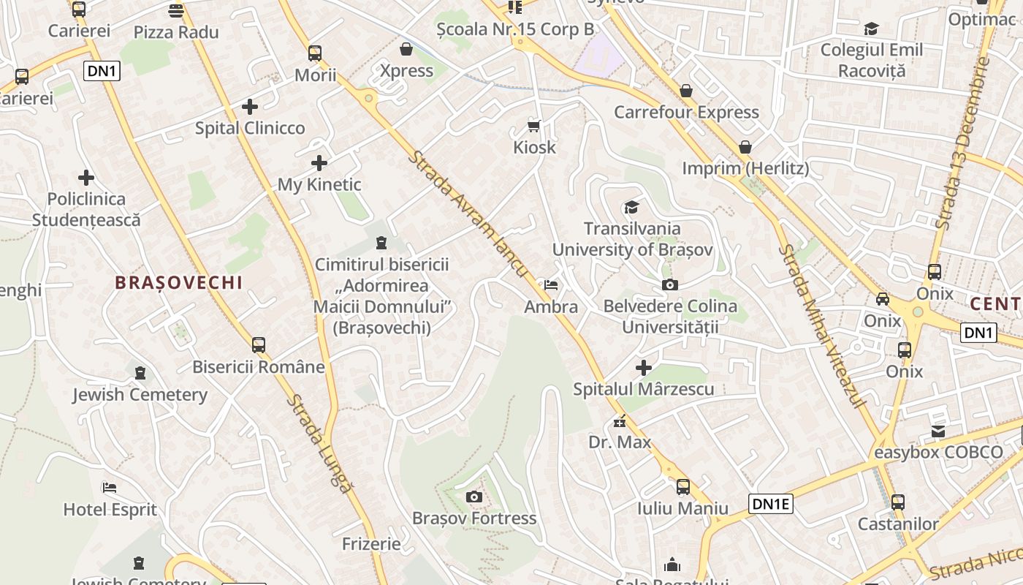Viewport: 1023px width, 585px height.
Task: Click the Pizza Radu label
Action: click(176, 32)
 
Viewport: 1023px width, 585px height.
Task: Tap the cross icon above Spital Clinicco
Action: click(250, 107)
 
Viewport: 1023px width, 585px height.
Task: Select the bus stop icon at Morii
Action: click(315, 53)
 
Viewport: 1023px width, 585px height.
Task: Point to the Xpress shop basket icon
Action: click(406, 49)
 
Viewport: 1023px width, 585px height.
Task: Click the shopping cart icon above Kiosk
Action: click(534, 126)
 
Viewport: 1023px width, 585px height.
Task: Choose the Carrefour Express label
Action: click(686, 112)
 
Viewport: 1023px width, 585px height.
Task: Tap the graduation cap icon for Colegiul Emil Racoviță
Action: click(871, 29)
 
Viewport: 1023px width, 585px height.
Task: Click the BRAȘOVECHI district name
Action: click(178, 283)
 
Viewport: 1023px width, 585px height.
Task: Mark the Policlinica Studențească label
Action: click(86, 209)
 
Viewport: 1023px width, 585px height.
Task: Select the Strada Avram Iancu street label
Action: click(468, 214)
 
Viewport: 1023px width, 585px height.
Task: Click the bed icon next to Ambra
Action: click(551, 284)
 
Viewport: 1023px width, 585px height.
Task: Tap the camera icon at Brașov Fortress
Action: click(474, 497)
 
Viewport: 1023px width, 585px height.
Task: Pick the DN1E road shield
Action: click(771, 503)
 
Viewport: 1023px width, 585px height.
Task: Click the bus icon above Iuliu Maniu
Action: click(683, 487)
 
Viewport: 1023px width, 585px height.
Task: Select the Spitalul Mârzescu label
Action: click(643, 389)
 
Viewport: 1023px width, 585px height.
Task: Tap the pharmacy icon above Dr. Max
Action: click(620, 421)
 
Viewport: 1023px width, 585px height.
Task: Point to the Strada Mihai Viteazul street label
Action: click(822, 326)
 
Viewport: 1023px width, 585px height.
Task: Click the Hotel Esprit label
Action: click(110, 509)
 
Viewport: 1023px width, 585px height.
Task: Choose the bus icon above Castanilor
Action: click(898, 502)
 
